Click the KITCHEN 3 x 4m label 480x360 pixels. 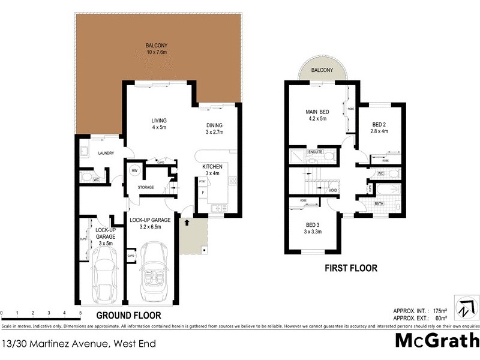point(212,170)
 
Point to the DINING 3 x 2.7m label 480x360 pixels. point(214,128)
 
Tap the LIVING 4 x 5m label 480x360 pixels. point(158,124)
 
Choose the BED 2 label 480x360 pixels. point(380,127)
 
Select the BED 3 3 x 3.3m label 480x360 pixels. point(311,227)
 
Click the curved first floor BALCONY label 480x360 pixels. point(322,71)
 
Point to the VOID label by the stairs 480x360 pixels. point(332,190)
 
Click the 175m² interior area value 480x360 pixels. point(440,311)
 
